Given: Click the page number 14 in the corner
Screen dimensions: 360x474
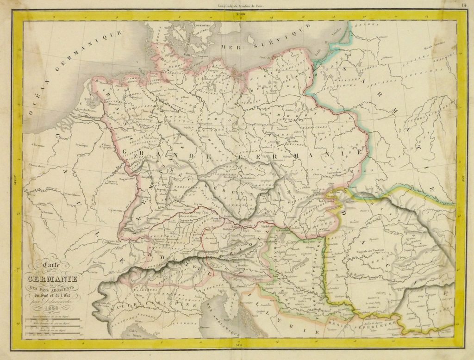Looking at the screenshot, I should [x=464, y=5].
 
